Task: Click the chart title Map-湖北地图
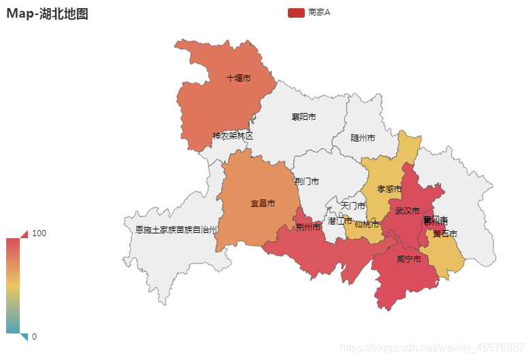click(48, 14)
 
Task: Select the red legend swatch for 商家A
click(295, 12)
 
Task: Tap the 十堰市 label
click(238, 78)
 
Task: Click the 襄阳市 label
click(304, 117)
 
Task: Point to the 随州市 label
click(363, 137)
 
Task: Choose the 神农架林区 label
click(232, 136)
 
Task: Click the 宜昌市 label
click(263, 203)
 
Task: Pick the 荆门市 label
click(307, 182)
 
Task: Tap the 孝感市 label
click(389, 189)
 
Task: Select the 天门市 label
click(353, 206)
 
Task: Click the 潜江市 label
click(340, 221)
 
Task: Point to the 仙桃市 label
click(367, 224)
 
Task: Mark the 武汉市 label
click(408, 211)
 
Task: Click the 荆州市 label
click(308, 227)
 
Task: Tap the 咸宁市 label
click(408, 259)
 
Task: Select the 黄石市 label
click(445, 233)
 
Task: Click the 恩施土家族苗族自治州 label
click(176, 230)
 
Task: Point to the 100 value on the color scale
click(39, 233)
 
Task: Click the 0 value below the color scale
click(34, 336)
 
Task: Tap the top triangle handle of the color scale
click(25, 234)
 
